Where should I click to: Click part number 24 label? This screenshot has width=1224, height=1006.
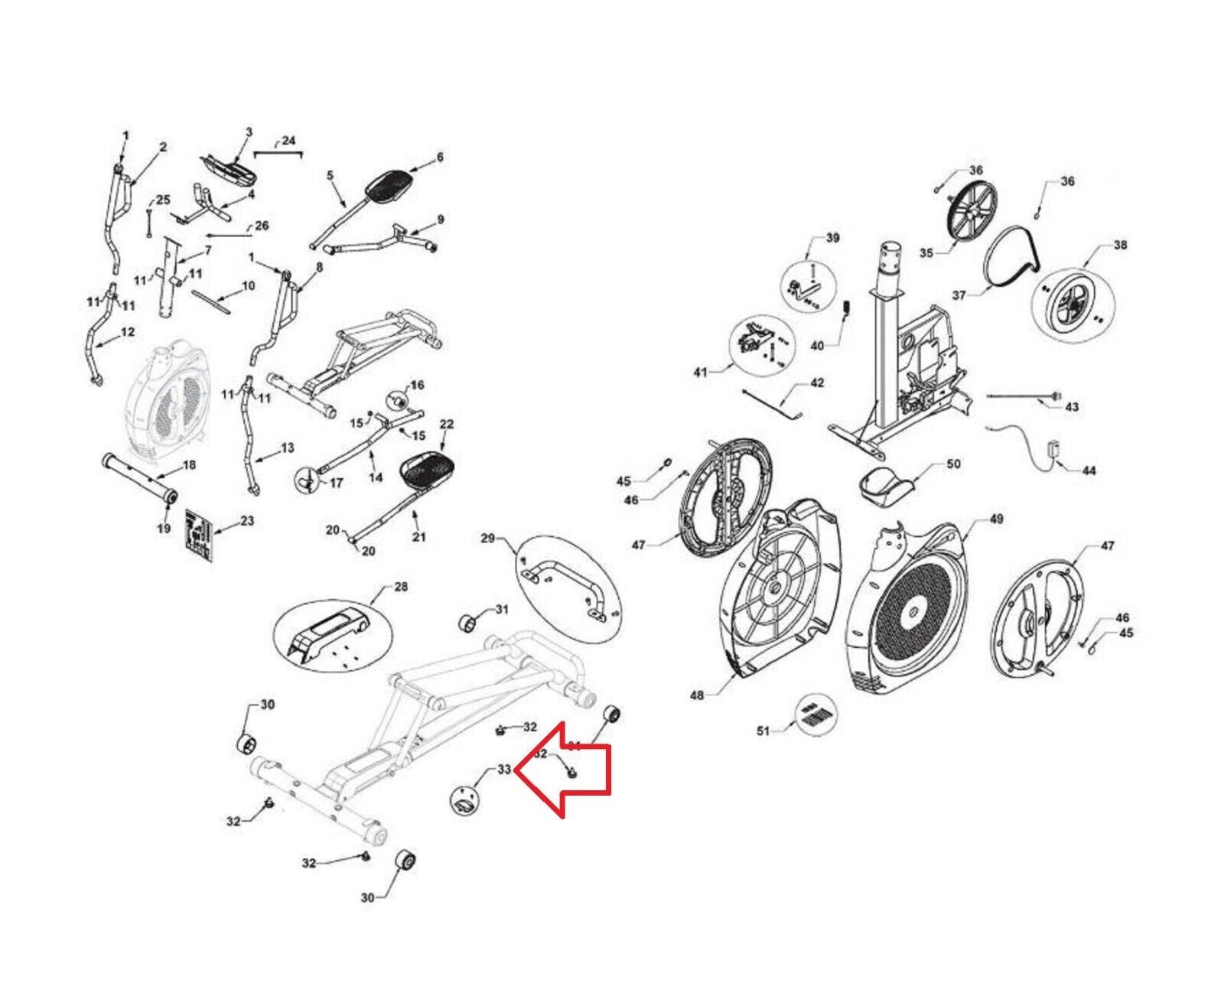[x=288, y=141]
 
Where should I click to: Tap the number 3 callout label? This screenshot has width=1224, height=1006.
[x=249, y=132]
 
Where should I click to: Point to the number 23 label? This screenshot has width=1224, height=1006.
[x=246, y=521]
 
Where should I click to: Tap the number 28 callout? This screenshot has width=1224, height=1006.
[x=401, y=587]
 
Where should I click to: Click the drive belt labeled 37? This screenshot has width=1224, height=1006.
[x=1011, y=260]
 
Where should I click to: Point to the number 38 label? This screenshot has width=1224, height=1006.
[x=1120, y=246]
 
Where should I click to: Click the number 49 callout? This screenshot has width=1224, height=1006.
[x=996, y=519]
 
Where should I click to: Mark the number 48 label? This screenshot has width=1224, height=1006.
[x=697, y=695]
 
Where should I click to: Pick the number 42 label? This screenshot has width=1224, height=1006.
[x=817, y=383]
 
